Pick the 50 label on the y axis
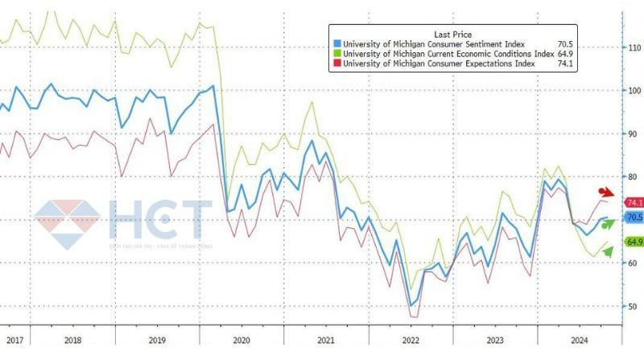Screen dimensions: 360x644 pos(633,306)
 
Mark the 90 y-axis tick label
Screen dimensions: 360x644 pos(633,134)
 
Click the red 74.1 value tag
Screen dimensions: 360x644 pos(634,203)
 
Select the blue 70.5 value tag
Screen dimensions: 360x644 pos(634,217)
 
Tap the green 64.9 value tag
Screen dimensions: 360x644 pos(634,242)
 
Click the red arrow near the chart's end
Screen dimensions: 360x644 pos(606,192)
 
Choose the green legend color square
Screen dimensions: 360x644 pos(336,53)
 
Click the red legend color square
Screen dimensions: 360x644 pos(336,64)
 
